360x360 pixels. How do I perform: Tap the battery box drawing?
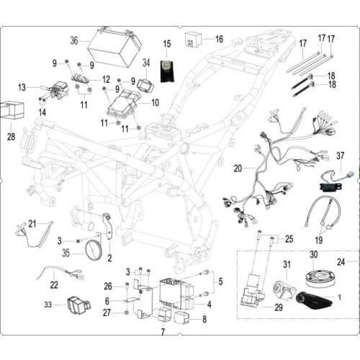pyautogui.click(x=114, y=48)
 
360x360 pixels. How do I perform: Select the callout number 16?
pyautogui.click(x=219, y=39)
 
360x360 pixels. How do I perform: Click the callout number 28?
pyautogui.click(x=11, y=135)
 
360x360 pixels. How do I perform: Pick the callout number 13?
pyautogui.click(x=22, y=87)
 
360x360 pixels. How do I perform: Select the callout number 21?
pyautogui.click(x=32, y=223)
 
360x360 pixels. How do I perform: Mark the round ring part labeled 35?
pyautogui.click(x=94, y=251)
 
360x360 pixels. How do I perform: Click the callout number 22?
pyautogui.click(x=54, y=285)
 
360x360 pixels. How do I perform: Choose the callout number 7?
pyautogui.click(x=163, y=332)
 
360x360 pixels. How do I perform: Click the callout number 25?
pyautogui.click(x=289, y=238)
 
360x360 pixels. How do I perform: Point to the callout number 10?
pyautogui.click(x=155, y=103)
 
